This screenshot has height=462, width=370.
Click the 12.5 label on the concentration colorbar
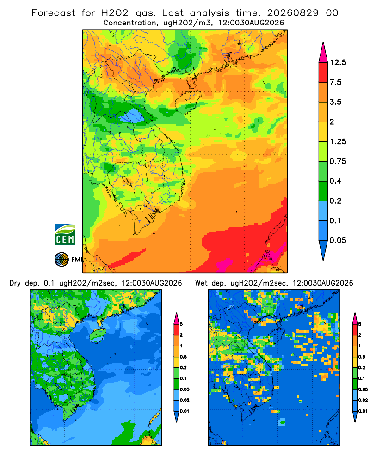tap(338, 62)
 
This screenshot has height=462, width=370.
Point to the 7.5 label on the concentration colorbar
tap(335, 82)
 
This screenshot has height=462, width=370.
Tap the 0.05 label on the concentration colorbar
tap(338, 240)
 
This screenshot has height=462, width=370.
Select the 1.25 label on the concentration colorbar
tap(338, 141)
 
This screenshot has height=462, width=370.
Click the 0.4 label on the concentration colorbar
tap(335, 181)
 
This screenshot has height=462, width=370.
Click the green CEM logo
tap(65, 235)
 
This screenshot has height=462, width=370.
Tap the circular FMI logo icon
tap(62, 260)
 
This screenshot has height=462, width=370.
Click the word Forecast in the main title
tap(53, 13)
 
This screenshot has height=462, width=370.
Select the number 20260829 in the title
tap(293, 13)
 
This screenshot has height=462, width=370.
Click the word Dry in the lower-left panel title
tap(15, 283)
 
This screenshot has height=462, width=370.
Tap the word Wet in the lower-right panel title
tap(202, 283)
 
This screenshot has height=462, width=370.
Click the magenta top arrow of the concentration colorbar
tap(323, 52)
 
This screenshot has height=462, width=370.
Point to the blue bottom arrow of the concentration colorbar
tap(323, 250)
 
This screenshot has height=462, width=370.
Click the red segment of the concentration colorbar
tap(323, 73)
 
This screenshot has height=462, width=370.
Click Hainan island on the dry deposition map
tap(98, 335)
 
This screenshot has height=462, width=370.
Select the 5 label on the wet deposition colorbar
tap(360, 324)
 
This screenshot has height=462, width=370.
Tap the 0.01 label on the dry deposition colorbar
tap(185, 411)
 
